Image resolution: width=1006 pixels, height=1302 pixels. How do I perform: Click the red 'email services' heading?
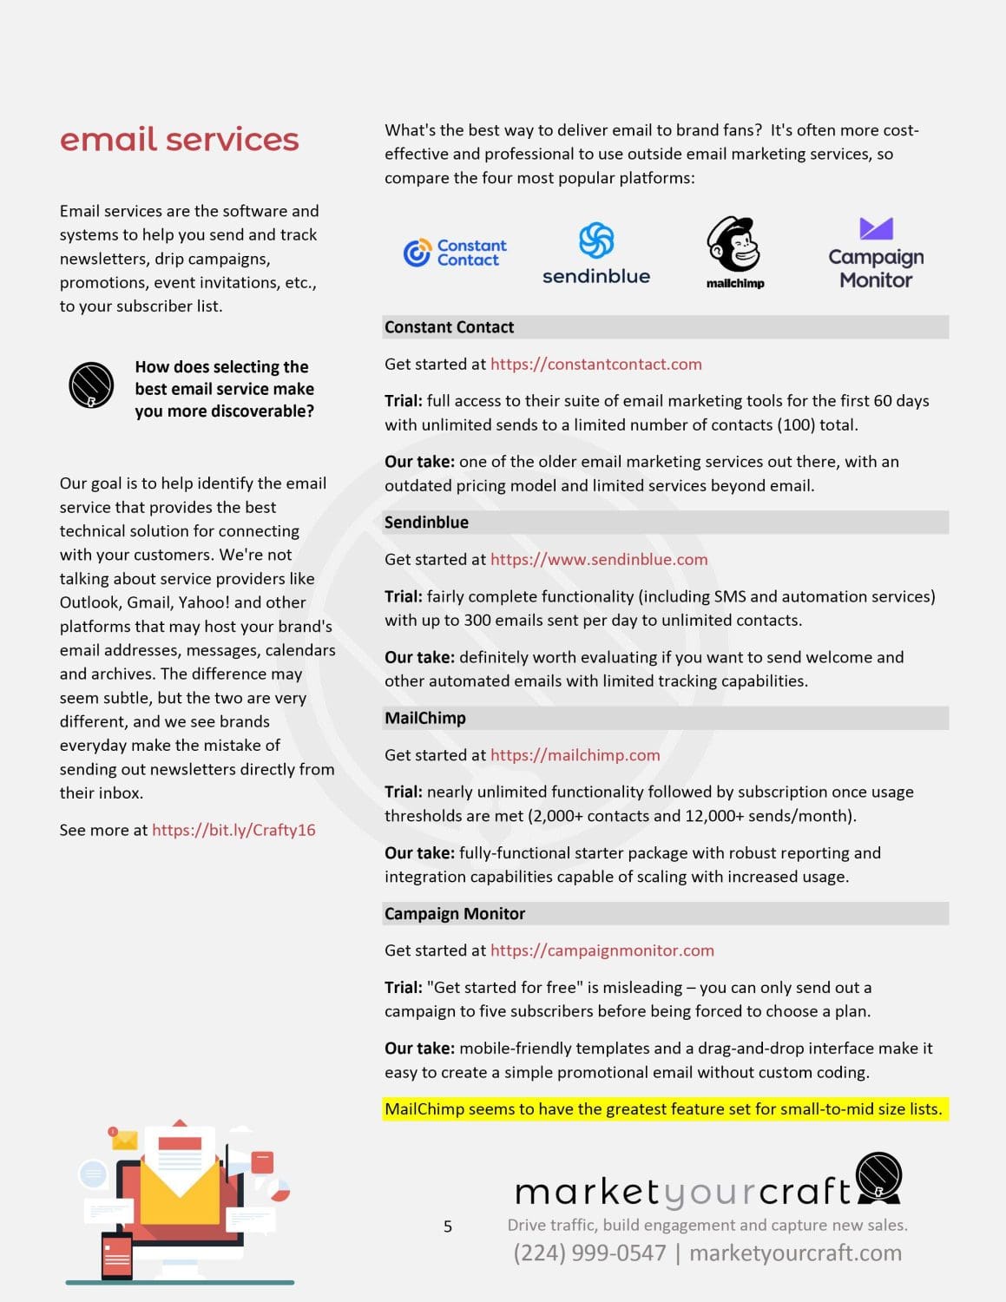pyautogui.click(x=179, y=140)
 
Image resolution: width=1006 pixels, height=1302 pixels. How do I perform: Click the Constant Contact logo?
pyautogui.click(x=455, y=253)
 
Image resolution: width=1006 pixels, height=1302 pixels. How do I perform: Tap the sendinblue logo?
pyautogui.click(x=596, y=253)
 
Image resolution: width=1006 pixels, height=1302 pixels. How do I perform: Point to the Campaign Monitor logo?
pyautogui.click(x=876, y=253)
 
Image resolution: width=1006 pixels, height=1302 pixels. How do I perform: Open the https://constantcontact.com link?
pyautogui.click(x=595, y=365)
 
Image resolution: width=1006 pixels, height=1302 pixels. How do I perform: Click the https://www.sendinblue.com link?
pyautogui.click(x=599, y=560)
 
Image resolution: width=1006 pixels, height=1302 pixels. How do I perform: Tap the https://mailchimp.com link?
pyautogui.click(x=575, y=755)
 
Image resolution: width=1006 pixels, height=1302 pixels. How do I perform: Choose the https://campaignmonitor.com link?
pyautogui.click(x=602, y=950)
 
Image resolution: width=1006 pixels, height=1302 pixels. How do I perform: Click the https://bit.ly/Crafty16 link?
pyautogui.click(x=233, y=830)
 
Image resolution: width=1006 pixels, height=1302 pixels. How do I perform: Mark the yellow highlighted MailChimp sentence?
pyautogui.click(x=664, y=1109)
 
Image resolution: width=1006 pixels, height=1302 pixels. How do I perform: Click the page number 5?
pyautogui.click(x=448, y=1226)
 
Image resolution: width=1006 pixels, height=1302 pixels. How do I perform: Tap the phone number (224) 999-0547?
pyautogui.click(x=589, y=1253)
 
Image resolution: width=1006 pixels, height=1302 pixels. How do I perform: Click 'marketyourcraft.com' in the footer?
pyautogui.click(x=795, y=1253)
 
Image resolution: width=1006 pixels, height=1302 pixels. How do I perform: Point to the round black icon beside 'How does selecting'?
pyautogui.click(x=91, y=385)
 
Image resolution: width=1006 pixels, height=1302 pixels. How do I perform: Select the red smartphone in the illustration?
pyautogui.click(x=117, y=1255)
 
